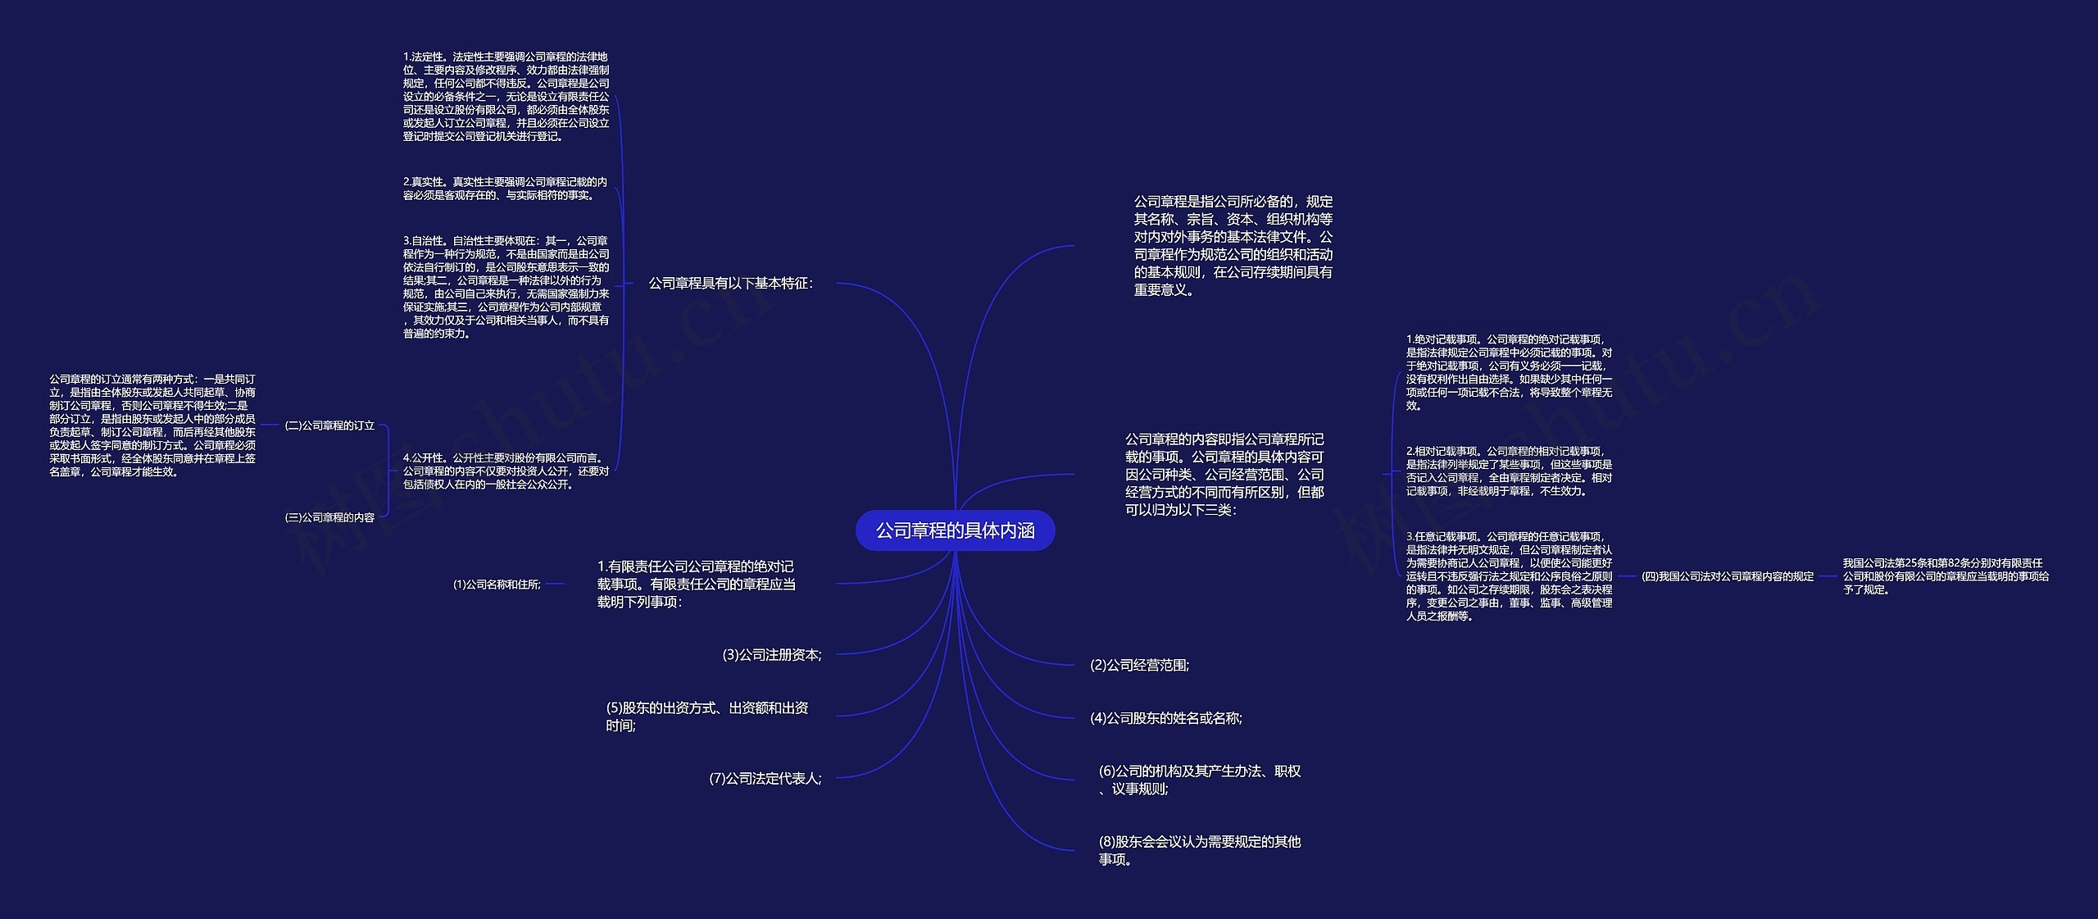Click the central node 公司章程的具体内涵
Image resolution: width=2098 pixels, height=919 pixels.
click(955, 530)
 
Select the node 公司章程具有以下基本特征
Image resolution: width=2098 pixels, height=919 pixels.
click(730, 284)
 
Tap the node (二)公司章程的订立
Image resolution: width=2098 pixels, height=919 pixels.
click(329, 425)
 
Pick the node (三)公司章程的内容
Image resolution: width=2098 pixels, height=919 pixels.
click(329, 517)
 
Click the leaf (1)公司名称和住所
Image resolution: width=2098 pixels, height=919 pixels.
click(497, 585)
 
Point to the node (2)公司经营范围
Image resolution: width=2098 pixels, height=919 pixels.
click(1139, 665)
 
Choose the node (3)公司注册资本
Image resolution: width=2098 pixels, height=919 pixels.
click(771, 654)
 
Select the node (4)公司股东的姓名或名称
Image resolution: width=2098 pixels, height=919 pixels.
click(1165, 718)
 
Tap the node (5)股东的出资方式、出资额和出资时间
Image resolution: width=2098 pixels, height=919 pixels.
click(706, 717)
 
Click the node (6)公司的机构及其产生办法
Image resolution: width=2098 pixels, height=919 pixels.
click(1199, 780)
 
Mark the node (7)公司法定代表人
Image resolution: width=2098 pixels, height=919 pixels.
click(765, 778)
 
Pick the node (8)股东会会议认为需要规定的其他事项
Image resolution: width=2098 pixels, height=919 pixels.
click(1199, 850)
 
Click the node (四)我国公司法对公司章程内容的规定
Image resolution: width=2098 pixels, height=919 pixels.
click(1728, 576)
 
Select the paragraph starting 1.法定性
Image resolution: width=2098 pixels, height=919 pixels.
click(506, 97)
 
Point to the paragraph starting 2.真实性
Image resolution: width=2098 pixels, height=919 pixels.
click(505, 189)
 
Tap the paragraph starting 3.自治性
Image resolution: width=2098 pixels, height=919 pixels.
click(506, 287)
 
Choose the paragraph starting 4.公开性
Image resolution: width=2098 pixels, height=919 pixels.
click(506, 471)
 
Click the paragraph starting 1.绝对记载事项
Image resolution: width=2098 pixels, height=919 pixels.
click(1509, 372)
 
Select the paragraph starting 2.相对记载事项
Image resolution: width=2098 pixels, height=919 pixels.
click(1509, 471)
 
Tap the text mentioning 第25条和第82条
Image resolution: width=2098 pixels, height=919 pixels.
click(1946, 576)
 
